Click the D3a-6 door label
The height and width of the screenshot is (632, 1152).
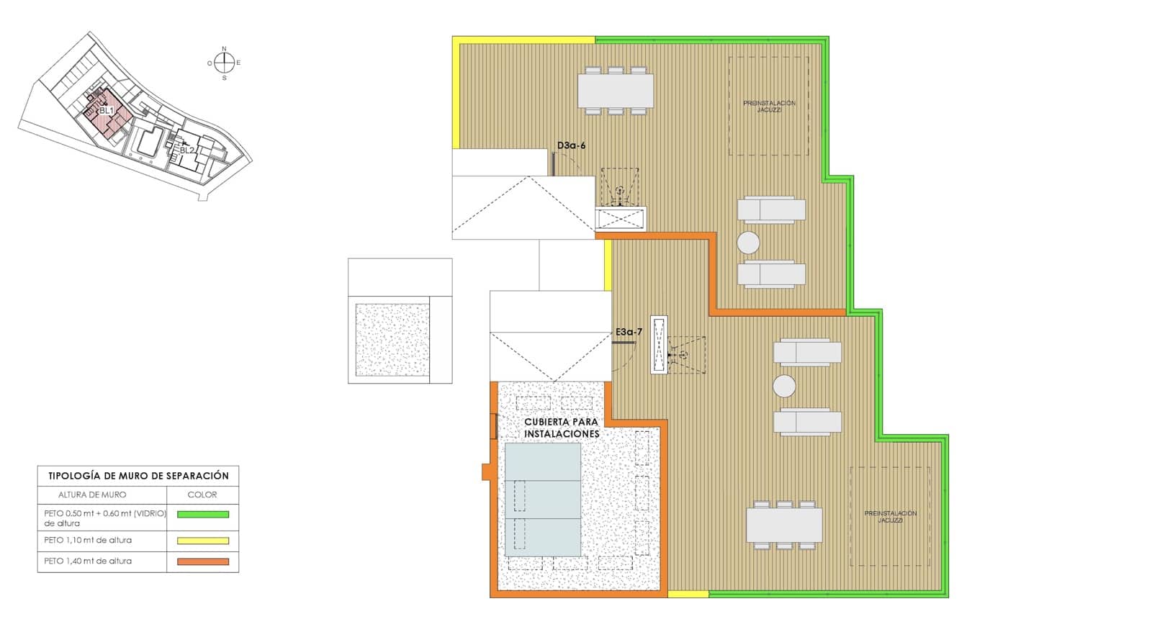[x=572, y=145]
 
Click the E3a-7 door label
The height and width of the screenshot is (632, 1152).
[x=629, y=332]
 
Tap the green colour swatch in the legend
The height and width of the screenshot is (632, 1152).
[x=203, y=515]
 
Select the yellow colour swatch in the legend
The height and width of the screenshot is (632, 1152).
[x=203, y=541]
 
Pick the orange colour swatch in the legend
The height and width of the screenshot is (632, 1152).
[x=203, y=561]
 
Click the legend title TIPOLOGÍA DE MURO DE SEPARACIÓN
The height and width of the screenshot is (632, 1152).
[x=138, y=476]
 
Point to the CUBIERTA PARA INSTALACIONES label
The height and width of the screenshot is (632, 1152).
[x=562, y=428]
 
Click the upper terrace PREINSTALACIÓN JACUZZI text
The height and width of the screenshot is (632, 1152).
[x=769, y=107]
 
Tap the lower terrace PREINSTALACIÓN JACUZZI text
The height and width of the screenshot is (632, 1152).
[x=891, y=516]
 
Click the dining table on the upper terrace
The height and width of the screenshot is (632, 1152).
[x=616, y=91]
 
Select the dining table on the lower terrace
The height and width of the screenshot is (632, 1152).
[x=784, y=525]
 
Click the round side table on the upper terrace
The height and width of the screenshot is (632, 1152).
[x=749, y=243]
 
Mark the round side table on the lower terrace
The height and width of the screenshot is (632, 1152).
[x=784, y=387]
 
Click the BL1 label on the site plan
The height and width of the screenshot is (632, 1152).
[x=107, y=111]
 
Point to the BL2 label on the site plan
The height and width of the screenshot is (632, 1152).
[x=187, y=150]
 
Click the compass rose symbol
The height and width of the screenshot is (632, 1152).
[x=224, y=63]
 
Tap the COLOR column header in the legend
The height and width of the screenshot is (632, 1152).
[x=202, y=495]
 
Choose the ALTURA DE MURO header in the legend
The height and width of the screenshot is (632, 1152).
[x=92, y=495]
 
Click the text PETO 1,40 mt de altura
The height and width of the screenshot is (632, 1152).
[x=88, y=561]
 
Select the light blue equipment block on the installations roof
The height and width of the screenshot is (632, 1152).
[x=543, y=500]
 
